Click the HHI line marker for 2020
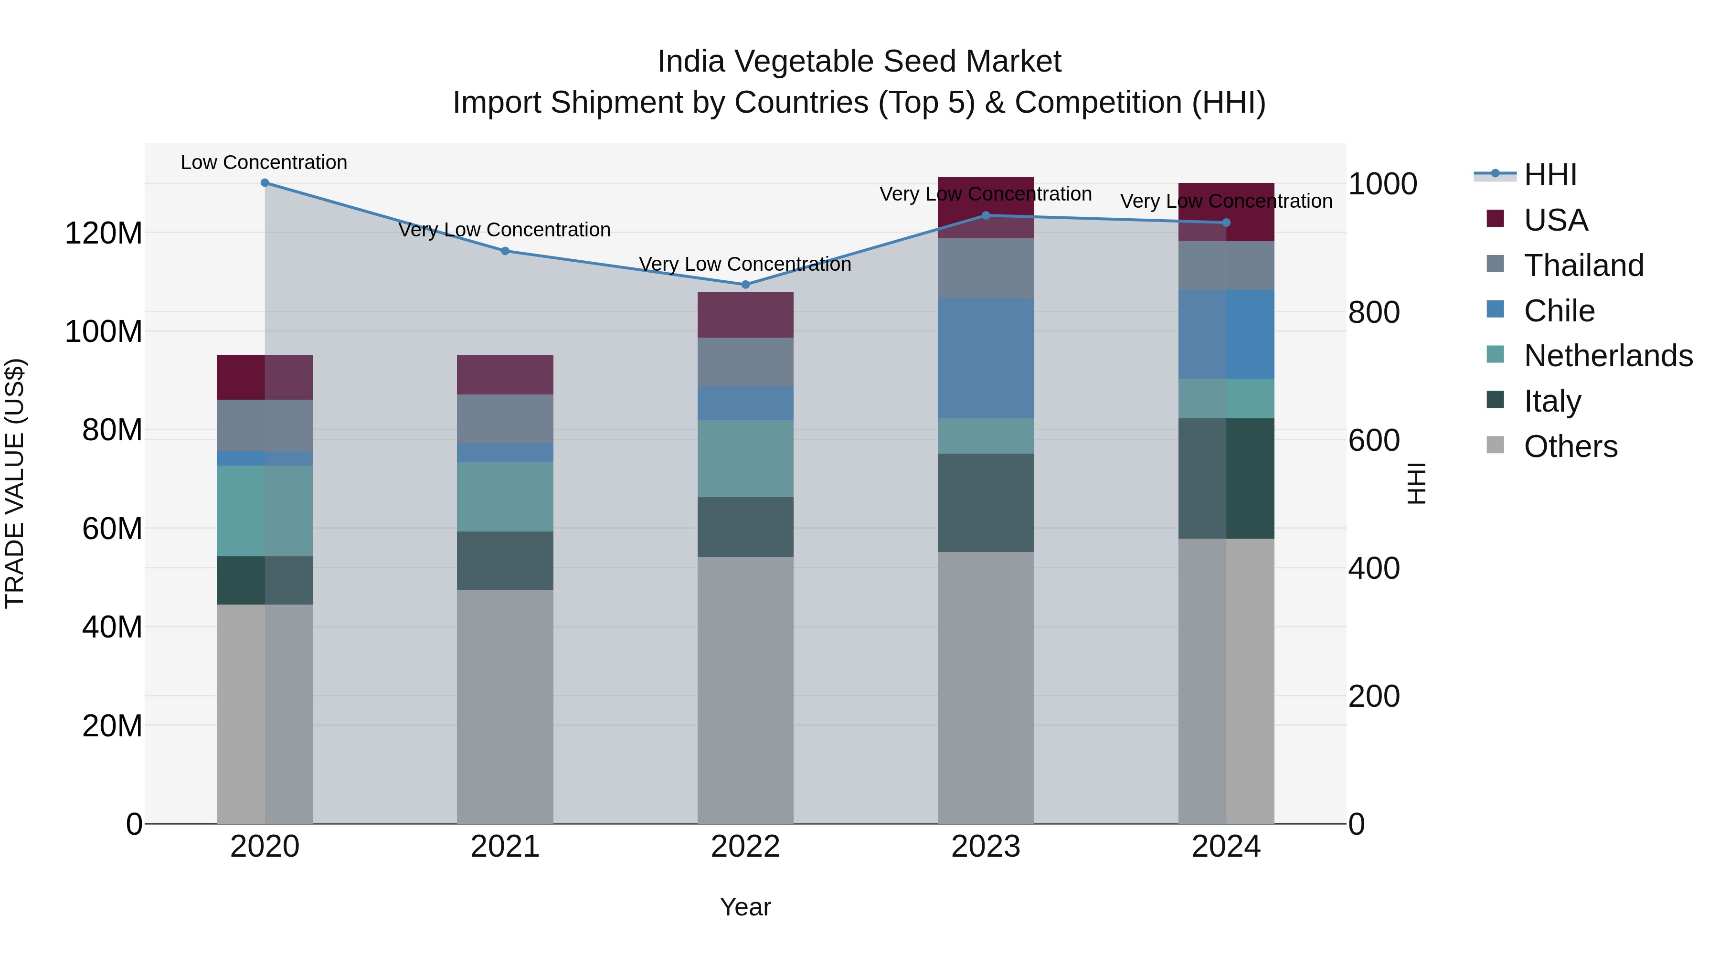coord(265,183)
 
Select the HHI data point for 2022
coord(745,285)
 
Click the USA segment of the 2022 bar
coord(745,315)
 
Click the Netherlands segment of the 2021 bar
coord(505,497)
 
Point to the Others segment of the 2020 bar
coord(265,714)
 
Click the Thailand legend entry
coord(1583,266)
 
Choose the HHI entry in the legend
coord(1550,175)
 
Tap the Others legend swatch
coord(1496,445)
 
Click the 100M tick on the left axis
coord(104,332)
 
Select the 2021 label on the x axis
coord(505,847)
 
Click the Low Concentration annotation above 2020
coord(264,163)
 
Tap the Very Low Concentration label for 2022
coord(745,264)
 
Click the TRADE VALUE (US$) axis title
coord(15,483)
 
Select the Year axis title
coord(745,907)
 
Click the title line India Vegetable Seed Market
coord(859,62)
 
